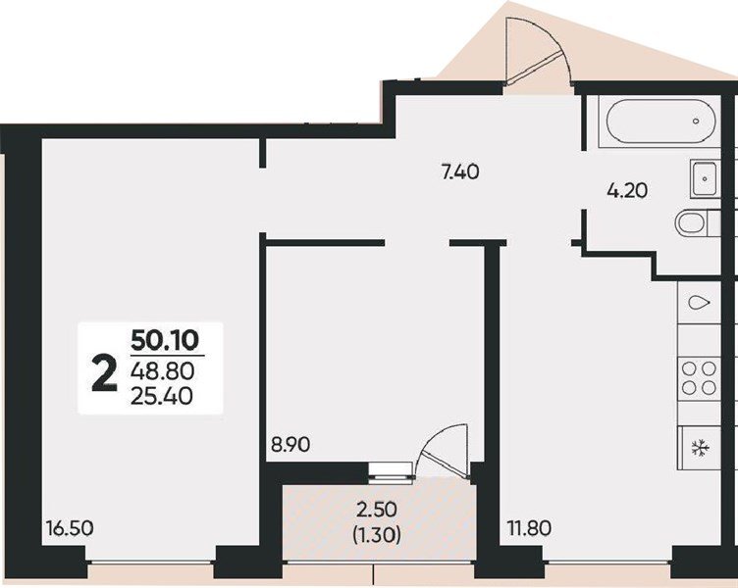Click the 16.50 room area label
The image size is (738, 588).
click(70, 528)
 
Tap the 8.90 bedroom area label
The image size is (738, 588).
click(290, 444)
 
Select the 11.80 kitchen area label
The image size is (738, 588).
click(529, 528)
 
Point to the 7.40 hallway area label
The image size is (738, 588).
click(460, 172)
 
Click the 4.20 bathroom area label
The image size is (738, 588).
click(627, 190)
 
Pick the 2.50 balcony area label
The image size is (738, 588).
click(377, 509)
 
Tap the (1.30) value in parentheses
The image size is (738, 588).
click(377, 534)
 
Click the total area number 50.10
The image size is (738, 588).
click(165, 341)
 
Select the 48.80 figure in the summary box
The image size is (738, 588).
click(162, 372)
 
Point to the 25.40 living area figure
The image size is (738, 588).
click(162, 397)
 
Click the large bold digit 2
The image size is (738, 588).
click(104, 373)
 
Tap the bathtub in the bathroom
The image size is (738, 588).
click(660, 121)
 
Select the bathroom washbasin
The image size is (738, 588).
click(705, 178)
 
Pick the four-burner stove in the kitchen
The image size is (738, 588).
click(699, 377)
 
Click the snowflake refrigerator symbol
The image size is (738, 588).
click(701, 448)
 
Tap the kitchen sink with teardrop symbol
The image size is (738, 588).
click(700, 303)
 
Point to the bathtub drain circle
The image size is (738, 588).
click(696, 121)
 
